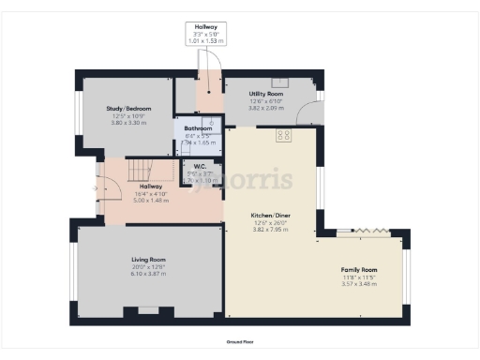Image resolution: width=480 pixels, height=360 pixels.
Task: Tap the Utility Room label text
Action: point(265,95)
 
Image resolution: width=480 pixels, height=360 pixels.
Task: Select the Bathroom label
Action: point(198,128)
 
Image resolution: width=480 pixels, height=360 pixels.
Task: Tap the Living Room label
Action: point(148,259)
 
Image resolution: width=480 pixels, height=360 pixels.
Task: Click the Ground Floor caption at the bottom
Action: point(240,343)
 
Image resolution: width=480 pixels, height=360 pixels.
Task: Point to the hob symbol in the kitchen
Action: point(282,135)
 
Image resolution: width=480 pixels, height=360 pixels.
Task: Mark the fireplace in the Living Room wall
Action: point(148,310)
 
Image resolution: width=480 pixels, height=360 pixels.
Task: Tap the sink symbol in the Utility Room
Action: point(278,82)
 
